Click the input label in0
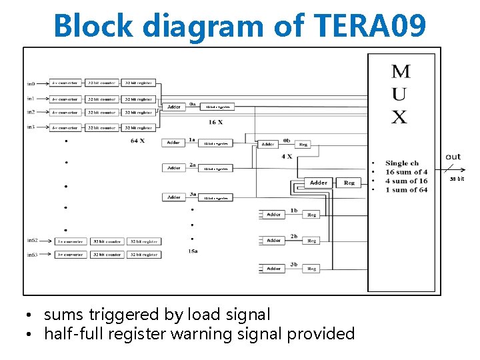tap(31, 83)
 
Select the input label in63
tap(32, 255)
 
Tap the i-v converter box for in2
tap(65, 113)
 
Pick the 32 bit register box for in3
tap(139, 127)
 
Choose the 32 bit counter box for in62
tap(107, 241)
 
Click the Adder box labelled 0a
tap(174, 107)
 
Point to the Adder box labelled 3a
tap(174, 197)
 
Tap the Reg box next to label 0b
tap(303, 144)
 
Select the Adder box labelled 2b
tap(274, 240)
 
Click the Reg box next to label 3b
tap(311, 269)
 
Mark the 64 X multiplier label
tap(138, 141)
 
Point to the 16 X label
tap(215, 123)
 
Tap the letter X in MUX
tap(399, 117)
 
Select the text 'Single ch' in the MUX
tap(402, 163)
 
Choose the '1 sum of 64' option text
tap(406, 190)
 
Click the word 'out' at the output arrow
tap(453, 157)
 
